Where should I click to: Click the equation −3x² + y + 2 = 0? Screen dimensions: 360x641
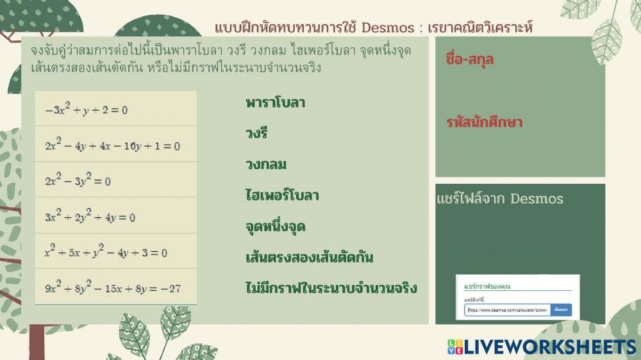(x=86, y=110)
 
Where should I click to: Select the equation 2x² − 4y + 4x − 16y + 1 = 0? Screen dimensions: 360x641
(x=112, y=145)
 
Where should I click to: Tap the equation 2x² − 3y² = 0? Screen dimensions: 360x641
(x=78, y=181)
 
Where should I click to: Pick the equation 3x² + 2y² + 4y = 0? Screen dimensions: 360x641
(x=90, y=217)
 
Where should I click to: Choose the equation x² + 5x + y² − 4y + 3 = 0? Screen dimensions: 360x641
(x=106, y=252)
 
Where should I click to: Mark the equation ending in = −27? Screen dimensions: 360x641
(x=112, y=288)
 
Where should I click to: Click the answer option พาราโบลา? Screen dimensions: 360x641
(x=275, y=102)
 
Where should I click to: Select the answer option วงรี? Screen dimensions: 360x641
(x=256, y=133)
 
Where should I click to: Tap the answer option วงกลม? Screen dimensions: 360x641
(x=265, y=165)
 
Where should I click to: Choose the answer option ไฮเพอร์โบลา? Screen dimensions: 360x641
(x=282, y=195)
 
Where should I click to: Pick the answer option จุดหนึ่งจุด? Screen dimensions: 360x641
(x=275, y=227)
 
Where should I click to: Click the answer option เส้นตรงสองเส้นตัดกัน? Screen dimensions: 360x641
(x=309, y=258)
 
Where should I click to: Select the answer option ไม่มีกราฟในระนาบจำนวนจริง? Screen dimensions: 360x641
(x=331, y=288)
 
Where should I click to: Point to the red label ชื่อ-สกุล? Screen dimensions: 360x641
(x=469, y=60)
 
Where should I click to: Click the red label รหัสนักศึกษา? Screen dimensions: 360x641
(x=484, y=122)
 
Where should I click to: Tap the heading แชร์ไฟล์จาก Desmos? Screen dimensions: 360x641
(x=499, y=199)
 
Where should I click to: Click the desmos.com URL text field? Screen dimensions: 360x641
(x=508, y=310)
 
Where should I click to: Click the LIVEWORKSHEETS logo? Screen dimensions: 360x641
(x=542, y=347)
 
